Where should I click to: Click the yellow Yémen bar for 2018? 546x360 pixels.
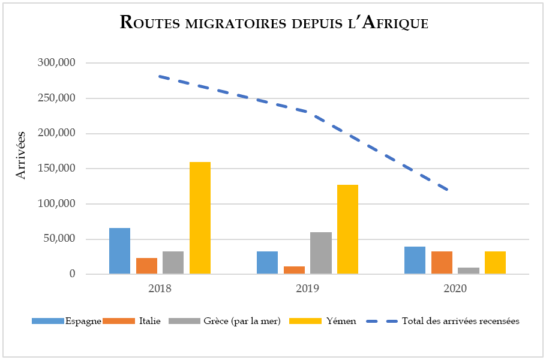[x=200, y=218]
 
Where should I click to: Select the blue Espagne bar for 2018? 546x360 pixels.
[x=119, y=251]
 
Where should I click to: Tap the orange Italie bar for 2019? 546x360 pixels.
[x=294, y=270]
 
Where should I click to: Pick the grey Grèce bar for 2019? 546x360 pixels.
[x=321, y=253]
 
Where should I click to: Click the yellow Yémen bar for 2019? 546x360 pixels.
[x=347, y=229]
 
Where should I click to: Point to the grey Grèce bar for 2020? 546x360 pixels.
[x=469, y=271]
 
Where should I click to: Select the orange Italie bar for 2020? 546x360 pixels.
[x=442, y=262]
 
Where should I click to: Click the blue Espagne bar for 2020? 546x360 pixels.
[x=415, y=260]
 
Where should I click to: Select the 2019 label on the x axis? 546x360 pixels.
[x=307, y=288]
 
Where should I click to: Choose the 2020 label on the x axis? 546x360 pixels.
[x=455, y=288]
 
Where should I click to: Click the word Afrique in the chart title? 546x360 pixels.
[x=395, y=22]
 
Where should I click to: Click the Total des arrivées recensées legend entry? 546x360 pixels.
[x=460, y=321]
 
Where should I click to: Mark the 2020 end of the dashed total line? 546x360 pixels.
[x=448, y=190]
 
